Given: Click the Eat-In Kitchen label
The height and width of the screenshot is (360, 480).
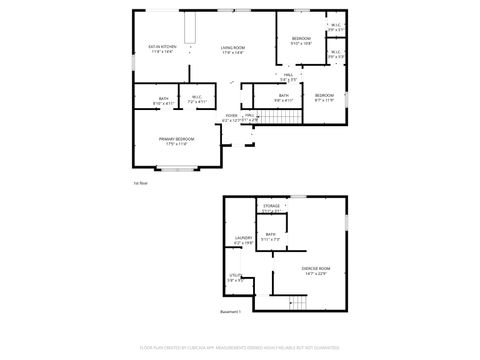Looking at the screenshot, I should pyautogui.click(x=163, y=46).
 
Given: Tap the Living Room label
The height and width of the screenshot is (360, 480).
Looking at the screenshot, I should pyautogui.click(x=233, y=46).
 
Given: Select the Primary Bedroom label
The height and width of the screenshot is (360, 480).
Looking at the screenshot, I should pyautogui.click(x=176, y=138).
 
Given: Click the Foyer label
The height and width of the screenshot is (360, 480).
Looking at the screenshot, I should pyautogui.click(x=231, y=116).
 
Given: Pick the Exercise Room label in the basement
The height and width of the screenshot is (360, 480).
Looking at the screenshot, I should pyautogui.click(x=315, y=269).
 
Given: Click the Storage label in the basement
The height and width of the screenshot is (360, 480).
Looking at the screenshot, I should pyautogui.click(x=272, y=206).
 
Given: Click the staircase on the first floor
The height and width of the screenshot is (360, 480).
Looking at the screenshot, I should pyautogui.click(x=282, y=116).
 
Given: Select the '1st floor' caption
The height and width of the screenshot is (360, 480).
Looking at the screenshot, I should pyautogui.click(x=140, y=183).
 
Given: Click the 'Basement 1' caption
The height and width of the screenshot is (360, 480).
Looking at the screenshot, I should pyautogui.click(x=232, y=313).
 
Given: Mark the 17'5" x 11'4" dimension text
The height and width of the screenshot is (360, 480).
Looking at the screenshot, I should pyautogui.click(x=176, y=143).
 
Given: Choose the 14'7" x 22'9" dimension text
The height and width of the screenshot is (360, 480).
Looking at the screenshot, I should pyautogui.click(x=315, y=274).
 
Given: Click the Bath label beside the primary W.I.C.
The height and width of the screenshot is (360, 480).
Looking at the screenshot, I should pyautogui.click(x=163, y=98).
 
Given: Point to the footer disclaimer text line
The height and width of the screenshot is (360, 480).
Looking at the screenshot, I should pyautogui.click(x=240, y=348).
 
